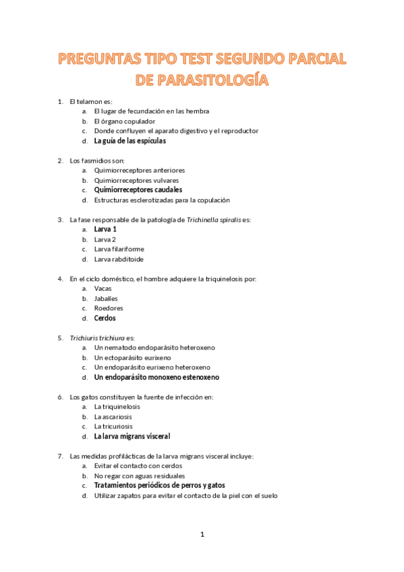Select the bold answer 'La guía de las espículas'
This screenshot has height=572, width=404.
pos(129,141)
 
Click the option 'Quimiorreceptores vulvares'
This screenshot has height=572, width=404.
pos(136,180)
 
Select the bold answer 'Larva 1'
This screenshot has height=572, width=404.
pos(105,229)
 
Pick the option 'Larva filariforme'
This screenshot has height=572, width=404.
pos(119,249)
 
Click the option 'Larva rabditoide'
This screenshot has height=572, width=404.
pos(118,259)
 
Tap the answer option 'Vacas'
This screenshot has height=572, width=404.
pos(103,288)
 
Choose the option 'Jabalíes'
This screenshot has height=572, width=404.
pos(106,298)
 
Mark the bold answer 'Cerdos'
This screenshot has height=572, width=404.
pos(105,318)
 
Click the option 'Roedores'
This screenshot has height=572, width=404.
pos(108,308)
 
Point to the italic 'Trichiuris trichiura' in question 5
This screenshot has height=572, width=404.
pos(96,337)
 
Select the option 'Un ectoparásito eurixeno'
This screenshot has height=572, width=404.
pos(132,357)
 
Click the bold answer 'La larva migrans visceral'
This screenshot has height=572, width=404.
pos(132,436)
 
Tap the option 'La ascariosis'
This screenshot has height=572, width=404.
pos(113,416)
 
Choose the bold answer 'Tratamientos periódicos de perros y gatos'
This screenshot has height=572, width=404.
pos(159,486)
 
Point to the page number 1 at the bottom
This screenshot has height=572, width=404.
pos(202,534)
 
